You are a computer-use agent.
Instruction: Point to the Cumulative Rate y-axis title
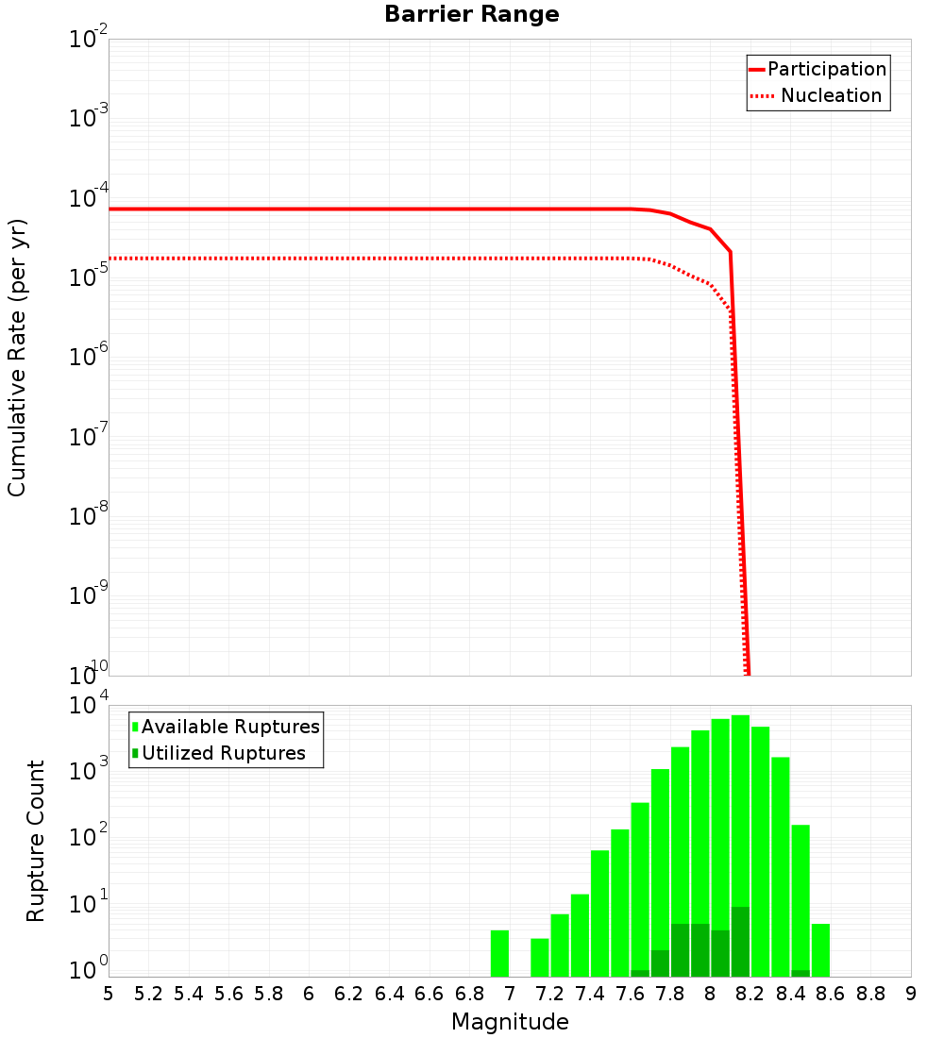17,357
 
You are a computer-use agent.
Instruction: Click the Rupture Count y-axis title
36,840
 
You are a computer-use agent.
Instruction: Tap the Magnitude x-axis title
510,1022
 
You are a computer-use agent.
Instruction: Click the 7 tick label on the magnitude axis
510,994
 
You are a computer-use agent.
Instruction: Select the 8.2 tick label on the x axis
750,994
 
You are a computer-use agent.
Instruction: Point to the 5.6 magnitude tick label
229,994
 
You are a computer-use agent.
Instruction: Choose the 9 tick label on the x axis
911,994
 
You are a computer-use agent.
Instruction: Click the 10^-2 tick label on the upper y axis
89,40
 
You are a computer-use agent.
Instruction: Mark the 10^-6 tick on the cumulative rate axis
89,358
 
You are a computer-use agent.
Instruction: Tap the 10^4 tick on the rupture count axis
91,706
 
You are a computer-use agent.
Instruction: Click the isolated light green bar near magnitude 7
499,953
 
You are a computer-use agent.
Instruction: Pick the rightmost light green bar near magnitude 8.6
820,950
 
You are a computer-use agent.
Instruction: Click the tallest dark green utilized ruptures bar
740,942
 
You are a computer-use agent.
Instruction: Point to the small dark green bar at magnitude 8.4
801,973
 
